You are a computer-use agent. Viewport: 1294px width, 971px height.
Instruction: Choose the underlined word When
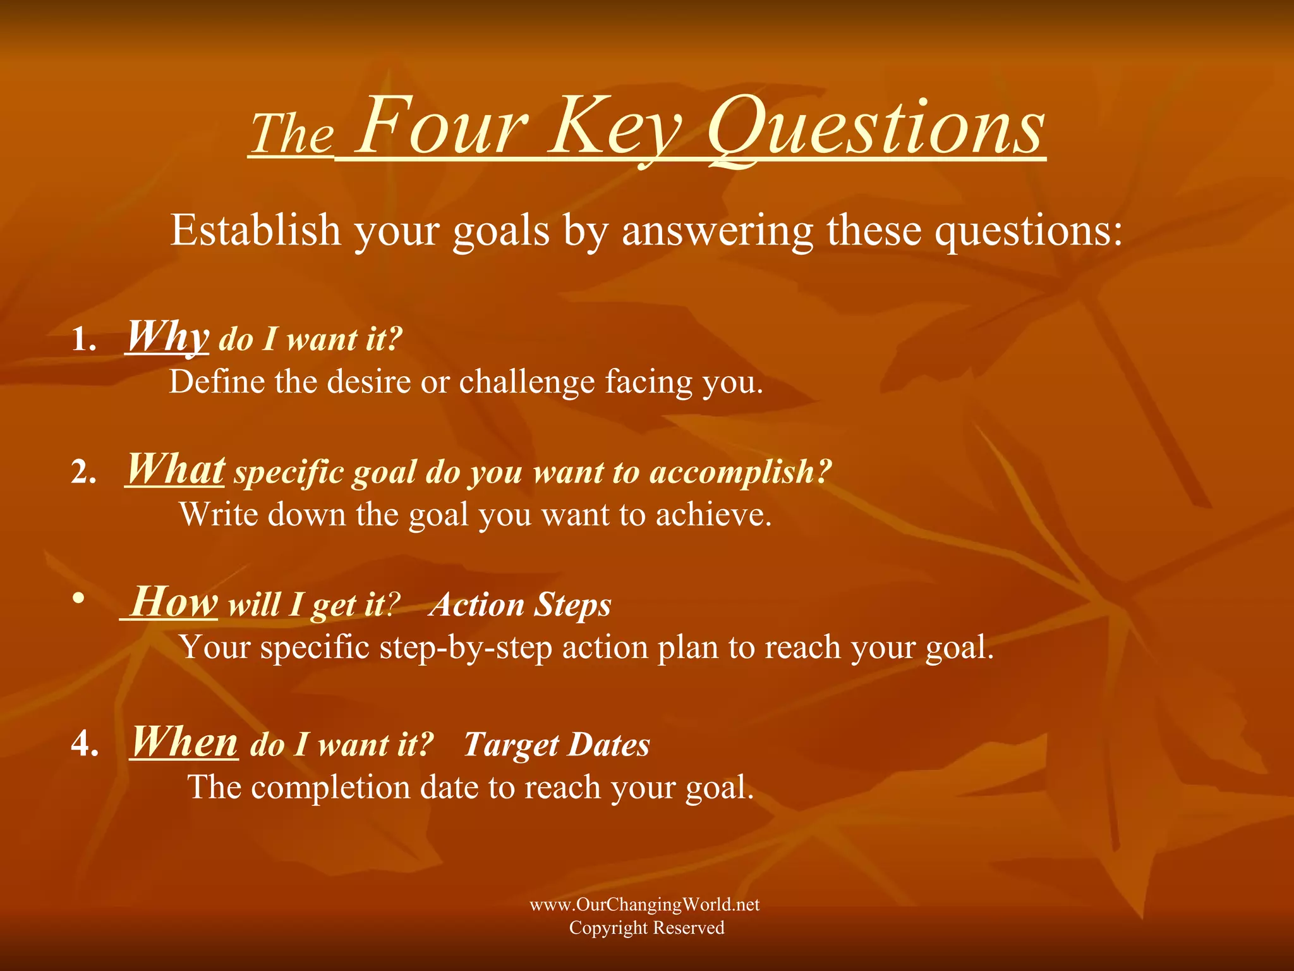[x=184, y=742]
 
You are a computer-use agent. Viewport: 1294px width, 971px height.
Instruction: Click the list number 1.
[x=83, y=340]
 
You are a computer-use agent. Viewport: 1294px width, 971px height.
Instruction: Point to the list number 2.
[x=83, y=472]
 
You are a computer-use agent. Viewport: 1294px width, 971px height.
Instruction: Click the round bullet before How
[x=78, y=598]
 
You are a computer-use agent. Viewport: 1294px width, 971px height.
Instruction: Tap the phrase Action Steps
[x=520, y=605]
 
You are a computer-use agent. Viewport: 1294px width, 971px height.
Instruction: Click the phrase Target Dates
[x=556, y=745]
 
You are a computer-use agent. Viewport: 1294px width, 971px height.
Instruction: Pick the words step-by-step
[x=466, y=648]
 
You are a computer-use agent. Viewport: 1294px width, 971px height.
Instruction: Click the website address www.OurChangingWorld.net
[x=644, y=905]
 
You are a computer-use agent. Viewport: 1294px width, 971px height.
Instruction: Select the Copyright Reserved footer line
[x=646, y=928]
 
